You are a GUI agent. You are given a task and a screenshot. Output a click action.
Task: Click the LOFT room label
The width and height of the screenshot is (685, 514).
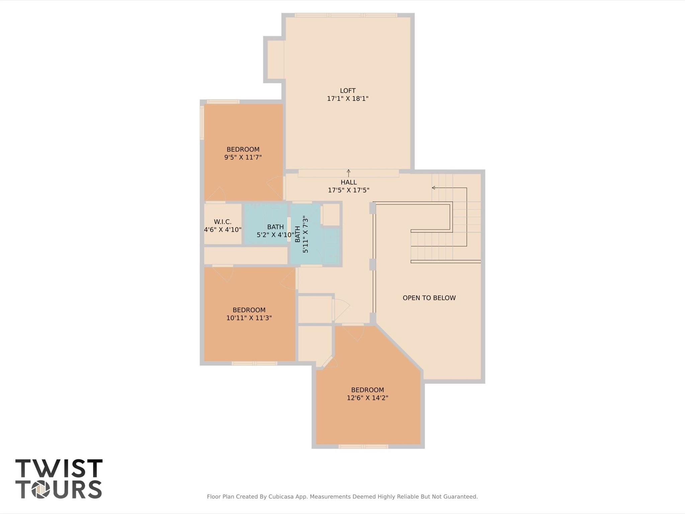pos(348,90)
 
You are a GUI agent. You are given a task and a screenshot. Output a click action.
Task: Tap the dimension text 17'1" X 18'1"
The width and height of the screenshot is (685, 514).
pos(348,98)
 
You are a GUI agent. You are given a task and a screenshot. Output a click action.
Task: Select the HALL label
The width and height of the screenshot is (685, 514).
pos(348,182)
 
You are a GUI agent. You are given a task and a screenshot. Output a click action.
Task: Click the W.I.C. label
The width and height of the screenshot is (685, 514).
pos(223,222)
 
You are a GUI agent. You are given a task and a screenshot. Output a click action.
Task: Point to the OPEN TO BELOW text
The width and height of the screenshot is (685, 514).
pos(429,298)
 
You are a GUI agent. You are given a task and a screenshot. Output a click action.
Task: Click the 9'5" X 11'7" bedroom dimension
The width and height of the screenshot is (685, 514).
pos(243,157)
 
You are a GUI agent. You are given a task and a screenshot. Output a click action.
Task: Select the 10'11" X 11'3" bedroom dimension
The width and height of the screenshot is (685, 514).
pos(249,318)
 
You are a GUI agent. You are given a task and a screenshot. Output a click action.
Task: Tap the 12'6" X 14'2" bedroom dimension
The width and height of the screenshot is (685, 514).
pos(367,398)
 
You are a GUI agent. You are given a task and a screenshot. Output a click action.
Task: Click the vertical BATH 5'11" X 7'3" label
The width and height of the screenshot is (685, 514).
pos(301,234)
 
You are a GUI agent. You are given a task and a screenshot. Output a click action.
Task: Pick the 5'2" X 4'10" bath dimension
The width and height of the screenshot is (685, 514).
pos(275,235)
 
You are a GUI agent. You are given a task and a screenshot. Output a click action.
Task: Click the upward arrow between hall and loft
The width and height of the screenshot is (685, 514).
pos(348,173)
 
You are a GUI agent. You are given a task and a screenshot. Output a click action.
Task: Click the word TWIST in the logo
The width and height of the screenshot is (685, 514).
pos(59,468)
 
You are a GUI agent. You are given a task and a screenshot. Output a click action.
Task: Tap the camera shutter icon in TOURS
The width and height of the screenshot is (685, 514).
pos(40,490)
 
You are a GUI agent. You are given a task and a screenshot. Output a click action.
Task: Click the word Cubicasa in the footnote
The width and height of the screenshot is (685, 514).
pos(282,497)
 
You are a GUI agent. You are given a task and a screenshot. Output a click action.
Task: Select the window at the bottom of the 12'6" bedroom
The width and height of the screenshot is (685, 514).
pos(363,446)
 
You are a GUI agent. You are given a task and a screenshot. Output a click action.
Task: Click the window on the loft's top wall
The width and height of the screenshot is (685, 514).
pos(346,15)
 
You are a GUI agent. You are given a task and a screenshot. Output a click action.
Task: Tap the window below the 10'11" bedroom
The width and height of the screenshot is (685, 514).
pos(254,363)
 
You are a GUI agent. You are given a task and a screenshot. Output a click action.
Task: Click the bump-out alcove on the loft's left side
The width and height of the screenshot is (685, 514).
pos(275,60)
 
